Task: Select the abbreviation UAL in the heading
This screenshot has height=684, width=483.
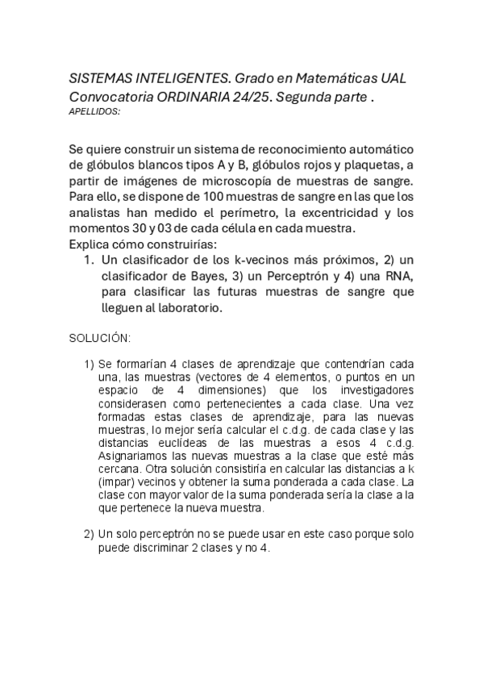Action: pyautogui.click(x=393, y=79)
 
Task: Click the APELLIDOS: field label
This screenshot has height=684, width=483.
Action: pyautogui.click(x=95, y=111)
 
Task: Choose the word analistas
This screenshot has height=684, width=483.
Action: pyautogui.click(x=101, y=213)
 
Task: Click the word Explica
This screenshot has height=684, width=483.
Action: pyautogui.click(x=94, y=244)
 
